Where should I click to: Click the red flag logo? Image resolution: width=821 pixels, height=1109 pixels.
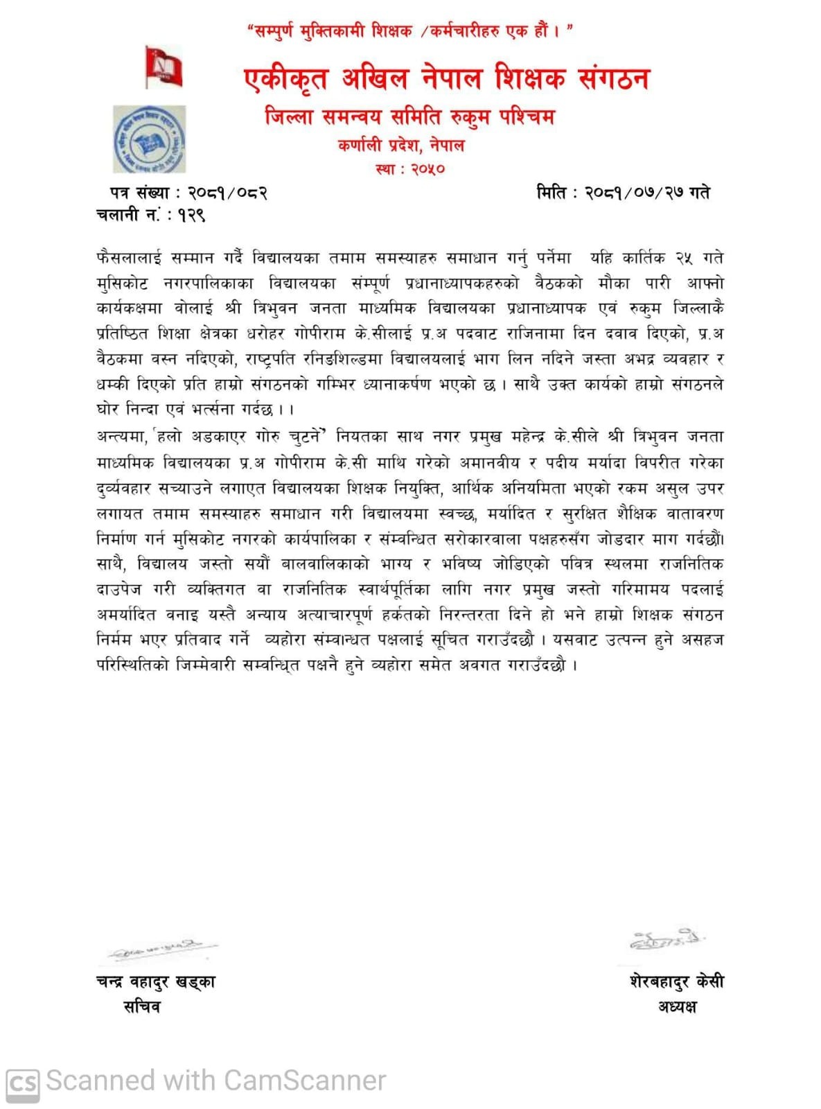click(x=164, y=67)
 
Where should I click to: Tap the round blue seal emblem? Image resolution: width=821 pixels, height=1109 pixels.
click(x=149, y=139)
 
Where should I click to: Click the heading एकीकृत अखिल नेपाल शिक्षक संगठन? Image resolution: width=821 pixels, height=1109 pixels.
click(x=447, y=78)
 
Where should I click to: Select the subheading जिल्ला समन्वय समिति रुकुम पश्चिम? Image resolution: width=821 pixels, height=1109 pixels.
click(x=409, y=116)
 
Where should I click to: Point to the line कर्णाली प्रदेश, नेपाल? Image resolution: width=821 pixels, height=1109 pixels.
click(x=401, y=146)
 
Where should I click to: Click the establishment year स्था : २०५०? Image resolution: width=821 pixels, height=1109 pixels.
click(x=410, y=168)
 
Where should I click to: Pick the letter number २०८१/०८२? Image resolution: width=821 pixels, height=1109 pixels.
click(x=228, y=193)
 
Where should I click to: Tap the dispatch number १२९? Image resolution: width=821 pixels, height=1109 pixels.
click(x=191, y=216)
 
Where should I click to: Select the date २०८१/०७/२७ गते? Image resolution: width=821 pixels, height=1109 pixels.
click(x=647, y=193)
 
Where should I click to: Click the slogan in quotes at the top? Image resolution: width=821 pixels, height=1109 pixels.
click(x=410, y=31)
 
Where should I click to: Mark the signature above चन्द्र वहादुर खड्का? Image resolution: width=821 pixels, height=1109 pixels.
click(x=159, y=951)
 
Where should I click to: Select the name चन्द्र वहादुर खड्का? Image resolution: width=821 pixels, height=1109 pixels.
click(x=156, y=981)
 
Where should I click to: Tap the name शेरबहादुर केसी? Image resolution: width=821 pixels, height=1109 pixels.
click(x=677, y=981)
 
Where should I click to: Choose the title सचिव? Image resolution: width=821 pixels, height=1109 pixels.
click(x=141, y=1006)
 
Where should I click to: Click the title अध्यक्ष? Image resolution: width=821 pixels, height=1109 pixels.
click(x=677, y=1006)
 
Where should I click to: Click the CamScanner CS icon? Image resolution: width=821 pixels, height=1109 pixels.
click(x=22, y=1082)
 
